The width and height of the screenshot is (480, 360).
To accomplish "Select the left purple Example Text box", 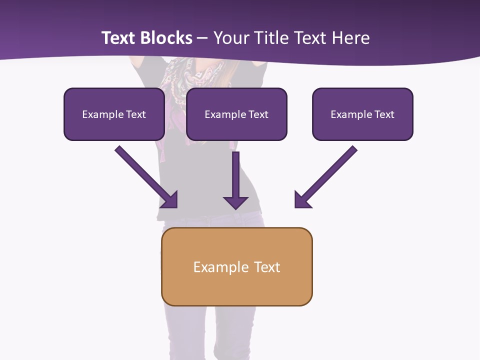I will (x=114, y=114).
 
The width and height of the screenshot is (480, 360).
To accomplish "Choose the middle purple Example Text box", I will (x=236, y=114).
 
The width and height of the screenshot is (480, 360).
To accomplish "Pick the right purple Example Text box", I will (x=362, y=114).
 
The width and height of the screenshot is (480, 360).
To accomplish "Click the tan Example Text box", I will (x=236, y=266).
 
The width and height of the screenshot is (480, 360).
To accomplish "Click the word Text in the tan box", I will (x=267, y=267).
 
